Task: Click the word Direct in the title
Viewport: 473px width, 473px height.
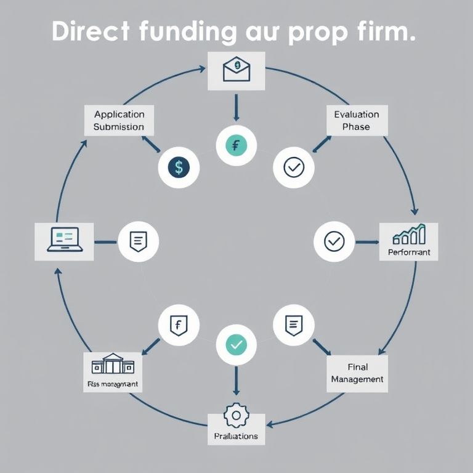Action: [x=90, y=31]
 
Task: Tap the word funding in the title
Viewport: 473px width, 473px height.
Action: [x=187, y=33]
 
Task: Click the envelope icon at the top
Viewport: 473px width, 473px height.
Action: [x=236, y=70]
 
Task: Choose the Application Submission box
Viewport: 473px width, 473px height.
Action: [x=119, y=120]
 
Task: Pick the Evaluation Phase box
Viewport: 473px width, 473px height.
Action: [x=357, y=120]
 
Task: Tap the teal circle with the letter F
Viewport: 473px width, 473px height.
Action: [x=236, y=146]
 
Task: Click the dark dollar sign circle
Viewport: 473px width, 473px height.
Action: [x=179, y=167]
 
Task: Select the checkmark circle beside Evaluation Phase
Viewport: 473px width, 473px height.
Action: [x=293, y=167]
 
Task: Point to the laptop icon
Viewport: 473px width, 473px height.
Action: [x=65, y=240]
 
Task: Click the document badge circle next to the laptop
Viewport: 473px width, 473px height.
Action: [x=139, y=241]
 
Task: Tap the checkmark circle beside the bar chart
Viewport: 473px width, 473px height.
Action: [x=334, y=241]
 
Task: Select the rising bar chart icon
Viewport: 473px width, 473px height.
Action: [x=409, y=235]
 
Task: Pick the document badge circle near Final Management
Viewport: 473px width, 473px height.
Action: [x=293, y=325]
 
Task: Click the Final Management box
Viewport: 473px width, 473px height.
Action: [x=357, y=373]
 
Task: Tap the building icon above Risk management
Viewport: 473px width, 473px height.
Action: [x=112, y=364]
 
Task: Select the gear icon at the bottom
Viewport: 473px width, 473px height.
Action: [x=236, y=416]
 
